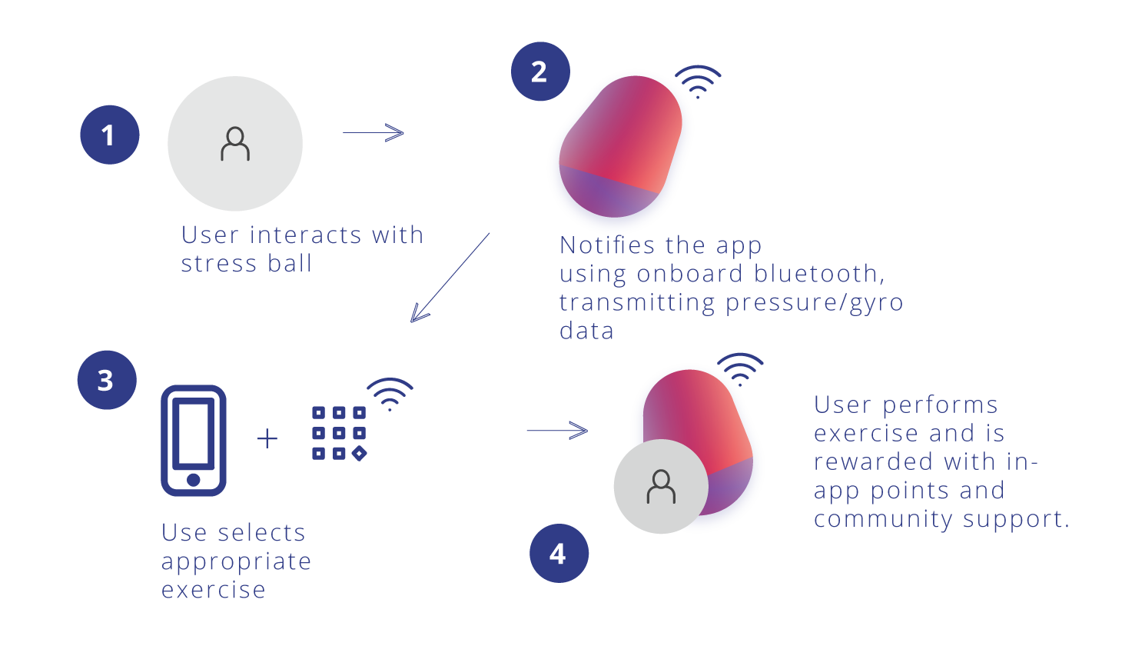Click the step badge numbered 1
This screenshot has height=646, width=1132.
[x=109, y=135]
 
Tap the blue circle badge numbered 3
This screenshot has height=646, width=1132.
[x=106, y=380]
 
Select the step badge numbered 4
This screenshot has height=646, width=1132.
[x=559, y=554]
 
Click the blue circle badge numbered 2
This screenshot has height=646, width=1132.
[x=539, y=72]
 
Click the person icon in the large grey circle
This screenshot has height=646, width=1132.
[x=234, y=144]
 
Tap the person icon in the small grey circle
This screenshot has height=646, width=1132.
[x=660, y=486]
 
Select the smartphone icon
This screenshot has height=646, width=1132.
[x=194, y=441]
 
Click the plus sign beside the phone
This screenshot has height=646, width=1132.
[x=267, y=439]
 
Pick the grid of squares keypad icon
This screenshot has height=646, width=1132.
[x=339, y=433]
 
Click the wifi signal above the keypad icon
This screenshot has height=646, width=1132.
[x=390, y=393]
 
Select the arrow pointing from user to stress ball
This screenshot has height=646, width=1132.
[x=373, y=132]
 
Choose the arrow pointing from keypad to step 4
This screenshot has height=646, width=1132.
[x=557, y=431]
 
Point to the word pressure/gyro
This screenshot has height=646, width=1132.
[x=815, y=303]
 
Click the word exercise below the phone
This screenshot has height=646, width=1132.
[x=214, y=590]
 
